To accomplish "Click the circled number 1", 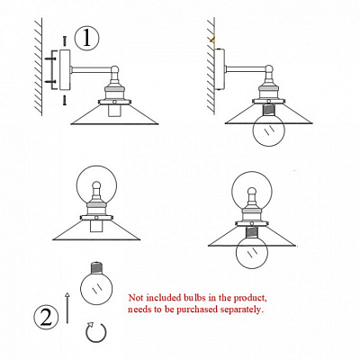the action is point(86,38).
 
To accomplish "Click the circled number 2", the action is point(46,317).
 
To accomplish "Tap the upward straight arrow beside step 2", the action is point(67,308).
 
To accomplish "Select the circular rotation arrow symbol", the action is point(96,332).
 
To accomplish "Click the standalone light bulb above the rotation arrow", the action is point(96,283).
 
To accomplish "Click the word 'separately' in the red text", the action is point(241,310).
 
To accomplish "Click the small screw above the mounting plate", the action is point(64,40).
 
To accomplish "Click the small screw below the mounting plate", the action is point(65,100).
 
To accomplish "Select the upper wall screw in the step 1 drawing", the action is point(49,59).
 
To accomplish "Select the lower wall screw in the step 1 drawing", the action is point(49,81).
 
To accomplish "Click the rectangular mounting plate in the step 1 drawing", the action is point(65,70).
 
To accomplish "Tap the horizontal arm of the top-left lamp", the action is point(92,70).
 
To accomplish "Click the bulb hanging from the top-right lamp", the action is point(268,129).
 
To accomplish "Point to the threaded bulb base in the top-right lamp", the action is point(268,111).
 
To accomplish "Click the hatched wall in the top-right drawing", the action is point(211,66).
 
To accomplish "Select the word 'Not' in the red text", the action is point(135,298).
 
